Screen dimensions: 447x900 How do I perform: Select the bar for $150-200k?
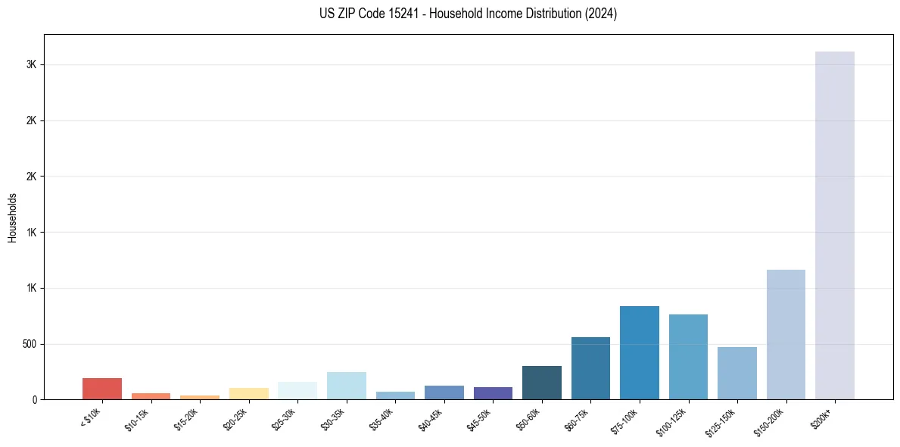click(786, 334)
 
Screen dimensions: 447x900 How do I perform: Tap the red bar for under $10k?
click(102, 389)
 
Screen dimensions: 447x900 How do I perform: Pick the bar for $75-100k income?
click(640, 352)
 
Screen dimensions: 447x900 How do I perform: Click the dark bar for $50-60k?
click(542, 383)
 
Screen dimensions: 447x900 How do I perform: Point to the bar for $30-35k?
click(347, 386)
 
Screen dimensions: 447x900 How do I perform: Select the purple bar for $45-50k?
click(493, 393)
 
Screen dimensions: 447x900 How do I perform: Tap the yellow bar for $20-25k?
click(249, 393)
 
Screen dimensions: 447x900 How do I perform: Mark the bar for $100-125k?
click(688, 357)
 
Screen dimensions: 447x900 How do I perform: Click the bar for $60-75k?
click(590, 368)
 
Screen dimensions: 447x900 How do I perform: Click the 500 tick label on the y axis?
click(30, 344)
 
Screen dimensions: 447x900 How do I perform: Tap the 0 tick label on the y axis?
click(35, 400)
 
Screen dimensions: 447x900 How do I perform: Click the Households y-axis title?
click(13, 217)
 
